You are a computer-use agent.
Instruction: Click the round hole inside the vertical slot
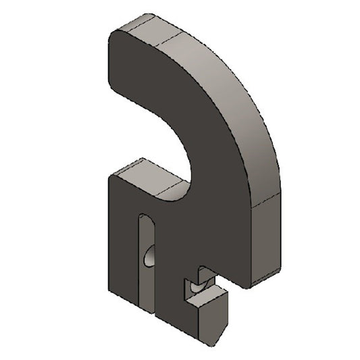point(149,255)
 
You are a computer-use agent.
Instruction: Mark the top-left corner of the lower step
point(110,174)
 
